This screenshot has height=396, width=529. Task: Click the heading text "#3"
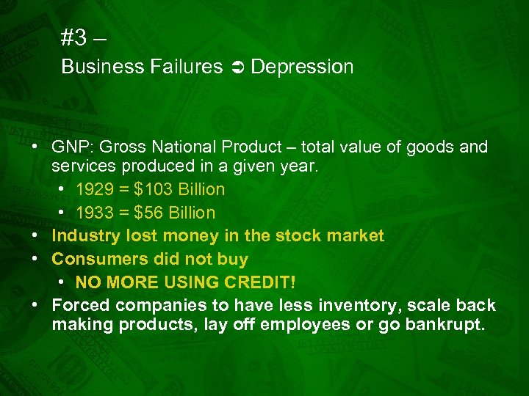[74, 37]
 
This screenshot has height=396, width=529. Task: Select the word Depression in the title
[302, 67]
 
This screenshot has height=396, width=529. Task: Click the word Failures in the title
[189, 67]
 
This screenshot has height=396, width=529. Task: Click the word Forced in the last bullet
[79, 305]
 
